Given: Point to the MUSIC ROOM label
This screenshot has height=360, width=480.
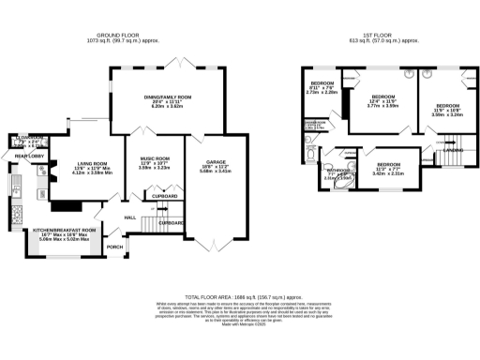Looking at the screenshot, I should [154, 159].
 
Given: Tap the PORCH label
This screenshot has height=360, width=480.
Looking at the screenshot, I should [115, 247].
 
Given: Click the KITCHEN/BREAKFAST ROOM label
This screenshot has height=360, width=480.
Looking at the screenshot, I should [65, 230].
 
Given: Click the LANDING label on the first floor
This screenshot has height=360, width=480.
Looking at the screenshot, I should [453, 149].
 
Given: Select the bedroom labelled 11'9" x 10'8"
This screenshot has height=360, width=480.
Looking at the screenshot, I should [446, 107].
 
